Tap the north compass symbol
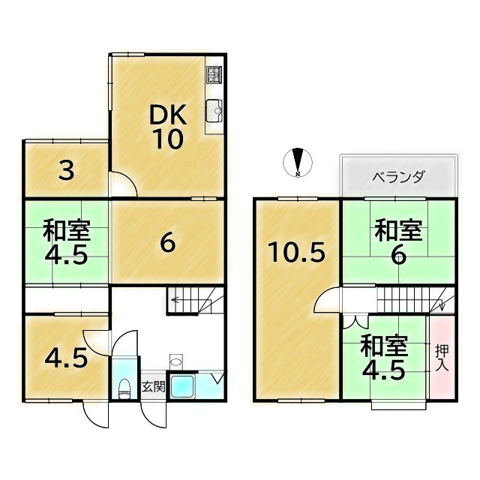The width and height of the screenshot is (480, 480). (x=298, y=162)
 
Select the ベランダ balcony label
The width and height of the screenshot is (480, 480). (x=398, y=178)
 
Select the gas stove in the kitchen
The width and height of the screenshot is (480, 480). (x=214, y=75)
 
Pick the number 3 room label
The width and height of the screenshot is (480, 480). (x=66, y=172)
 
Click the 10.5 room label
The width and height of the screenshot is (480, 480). (x=297, y=252)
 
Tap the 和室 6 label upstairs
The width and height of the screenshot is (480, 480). (x=398, y=241)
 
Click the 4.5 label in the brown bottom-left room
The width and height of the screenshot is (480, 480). (x=65, y=356)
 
